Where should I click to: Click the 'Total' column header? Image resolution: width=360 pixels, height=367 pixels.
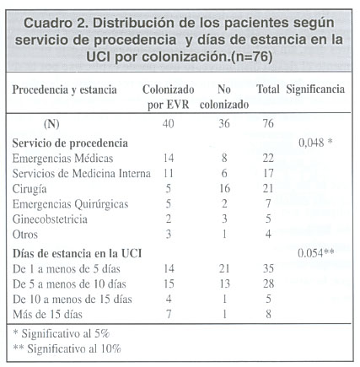click(268, 89)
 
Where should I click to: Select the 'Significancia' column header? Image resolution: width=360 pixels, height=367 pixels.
click(315, 89)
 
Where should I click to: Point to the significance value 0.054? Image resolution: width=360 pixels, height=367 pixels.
click(310, 253)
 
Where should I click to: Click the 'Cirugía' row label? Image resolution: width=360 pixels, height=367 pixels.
click(30, 189)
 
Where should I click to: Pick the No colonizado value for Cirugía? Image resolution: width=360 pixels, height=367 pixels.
click(224, 188)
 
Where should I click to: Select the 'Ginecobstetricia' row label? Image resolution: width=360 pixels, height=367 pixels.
click(50, 219)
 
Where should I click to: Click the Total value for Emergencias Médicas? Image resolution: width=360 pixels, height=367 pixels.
click(268, 158)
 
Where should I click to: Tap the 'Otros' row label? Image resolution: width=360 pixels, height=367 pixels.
click(25, 235)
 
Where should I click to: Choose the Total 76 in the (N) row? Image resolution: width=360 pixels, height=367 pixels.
click(268, 123)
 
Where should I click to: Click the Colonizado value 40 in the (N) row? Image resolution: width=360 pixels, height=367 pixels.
click(168, 123)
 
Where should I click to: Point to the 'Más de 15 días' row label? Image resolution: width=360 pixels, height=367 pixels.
click(47, 314)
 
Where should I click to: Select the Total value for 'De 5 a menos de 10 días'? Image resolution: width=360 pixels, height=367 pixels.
click(268, 283)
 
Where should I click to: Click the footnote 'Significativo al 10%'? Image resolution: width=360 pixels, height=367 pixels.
click(74, 348)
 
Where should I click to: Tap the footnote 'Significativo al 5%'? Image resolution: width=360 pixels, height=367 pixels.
click(66, 333)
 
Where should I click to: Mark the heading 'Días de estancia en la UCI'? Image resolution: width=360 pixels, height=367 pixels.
click(77, 253)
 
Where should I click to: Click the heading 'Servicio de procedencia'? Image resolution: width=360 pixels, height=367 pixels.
click(70, 143)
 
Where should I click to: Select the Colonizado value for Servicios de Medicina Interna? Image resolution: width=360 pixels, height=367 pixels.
click(169, 173)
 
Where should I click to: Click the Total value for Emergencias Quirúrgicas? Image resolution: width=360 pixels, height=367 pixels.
click(268, 203)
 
